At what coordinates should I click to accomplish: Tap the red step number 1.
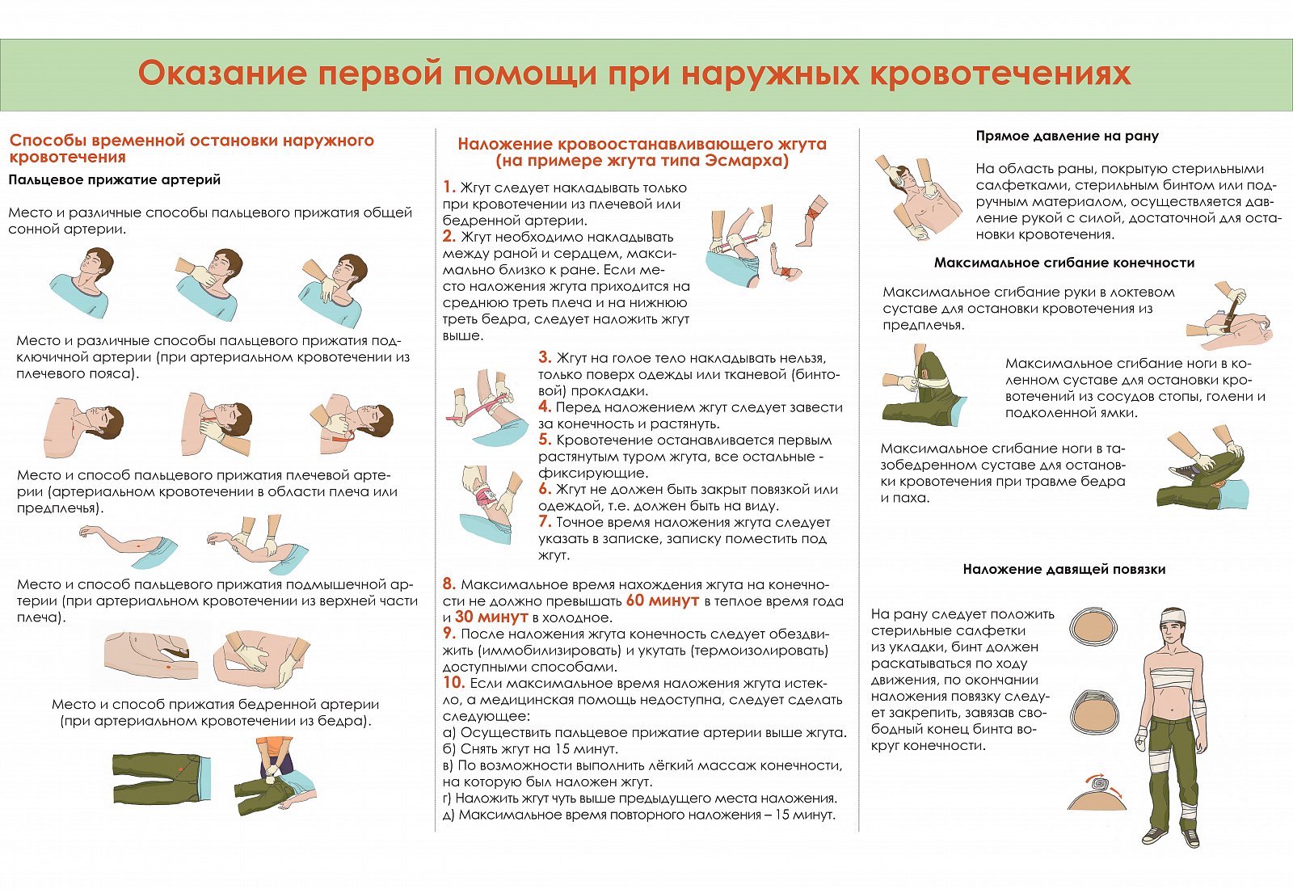pos(449,187)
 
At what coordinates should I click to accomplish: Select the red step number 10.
pos(453,683)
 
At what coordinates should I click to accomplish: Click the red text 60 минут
pos(662,601)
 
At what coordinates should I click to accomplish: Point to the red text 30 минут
pos(491,617)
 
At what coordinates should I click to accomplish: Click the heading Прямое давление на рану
pos(1068,137)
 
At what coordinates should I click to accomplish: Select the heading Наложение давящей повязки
pos(1063,569)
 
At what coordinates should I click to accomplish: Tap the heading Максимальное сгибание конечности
pos(1064,263)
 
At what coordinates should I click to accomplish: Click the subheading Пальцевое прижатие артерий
pos(114,179)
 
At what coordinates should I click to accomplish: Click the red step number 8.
pos(449,584)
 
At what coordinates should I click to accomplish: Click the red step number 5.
pos(545,440)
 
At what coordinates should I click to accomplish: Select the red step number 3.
pos(545,357)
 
